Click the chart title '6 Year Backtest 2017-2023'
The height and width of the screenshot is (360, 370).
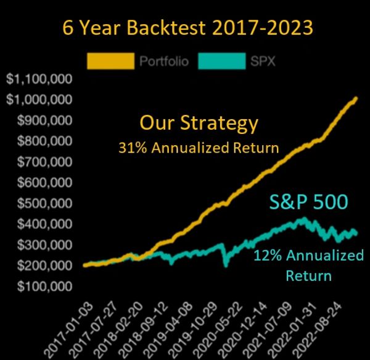(188, 28)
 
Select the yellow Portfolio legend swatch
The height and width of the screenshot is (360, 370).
(110, 61)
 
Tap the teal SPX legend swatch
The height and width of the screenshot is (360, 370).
(222, 61)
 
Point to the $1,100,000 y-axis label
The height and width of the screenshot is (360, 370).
(39, 79)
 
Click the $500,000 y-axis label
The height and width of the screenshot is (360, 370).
(44, 203)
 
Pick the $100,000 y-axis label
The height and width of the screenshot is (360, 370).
(44, 287)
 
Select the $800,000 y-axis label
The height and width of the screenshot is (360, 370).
(44, 141)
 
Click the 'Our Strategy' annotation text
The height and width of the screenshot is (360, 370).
(199, 123)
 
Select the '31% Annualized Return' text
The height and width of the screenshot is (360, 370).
(199, 148)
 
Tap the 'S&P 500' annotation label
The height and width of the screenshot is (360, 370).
(309, 202)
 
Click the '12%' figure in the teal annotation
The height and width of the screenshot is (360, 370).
(268, 256)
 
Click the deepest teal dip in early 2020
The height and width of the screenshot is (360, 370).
(226, 266)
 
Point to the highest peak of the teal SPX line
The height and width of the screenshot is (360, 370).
(305, 218)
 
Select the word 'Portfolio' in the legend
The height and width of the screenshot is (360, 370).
(164, 61)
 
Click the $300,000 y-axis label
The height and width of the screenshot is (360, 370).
(44, 245)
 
